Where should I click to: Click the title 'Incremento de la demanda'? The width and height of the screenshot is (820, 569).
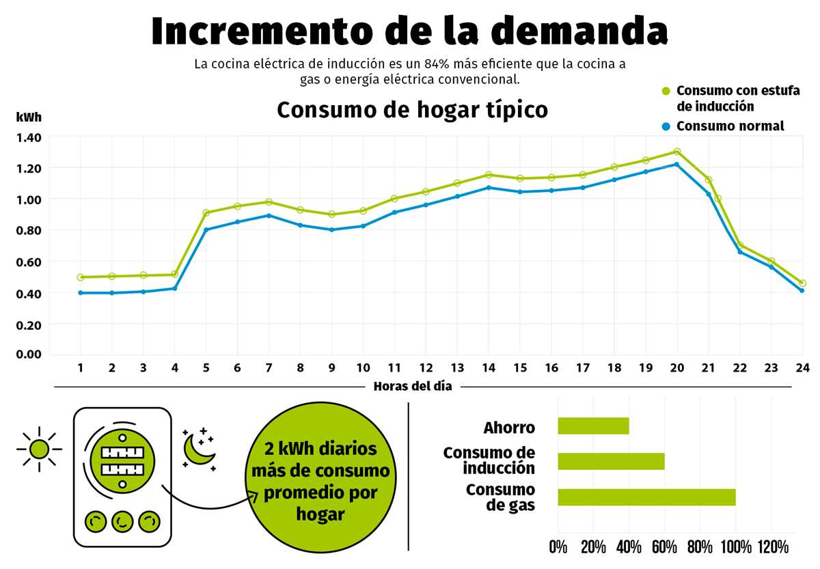point(409,31)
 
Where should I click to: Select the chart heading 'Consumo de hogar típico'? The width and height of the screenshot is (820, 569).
point(412,110)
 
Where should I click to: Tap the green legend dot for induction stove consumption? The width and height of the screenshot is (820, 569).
point(666,91)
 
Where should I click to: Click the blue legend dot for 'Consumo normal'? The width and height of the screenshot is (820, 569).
point(666,126)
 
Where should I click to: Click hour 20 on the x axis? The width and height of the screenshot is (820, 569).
point(676,367)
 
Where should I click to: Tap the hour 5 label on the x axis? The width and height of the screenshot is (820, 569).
point(206,367)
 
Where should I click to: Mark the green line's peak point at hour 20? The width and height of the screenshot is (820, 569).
point(676,152)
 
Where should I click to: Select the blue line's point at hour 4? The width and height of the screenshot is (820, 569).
point(175,288)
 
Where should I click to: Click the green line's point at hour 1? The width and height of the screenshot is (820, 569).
point(81,277)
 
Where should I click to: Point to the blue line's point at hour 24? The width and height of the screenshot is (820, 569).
point(802,291)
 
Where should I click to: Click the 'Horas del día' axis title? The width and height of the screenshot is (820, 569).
point(413,387)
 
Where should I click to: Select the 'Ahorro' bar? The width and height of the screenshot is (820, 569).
point(593,426)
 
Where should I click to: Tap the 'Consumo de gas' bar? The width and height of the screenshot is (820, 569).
point(646,497)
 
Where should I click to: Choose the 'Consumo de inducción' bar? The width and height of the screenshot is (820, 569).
point(611,462)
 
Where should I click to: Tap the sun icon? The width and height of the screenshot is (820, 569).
point(40,449)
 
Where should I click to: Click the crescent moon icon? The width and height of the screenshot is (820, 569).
point(200,449)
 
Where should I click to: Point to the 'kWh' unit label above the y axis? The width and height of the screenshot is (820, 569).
point(28,117)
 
